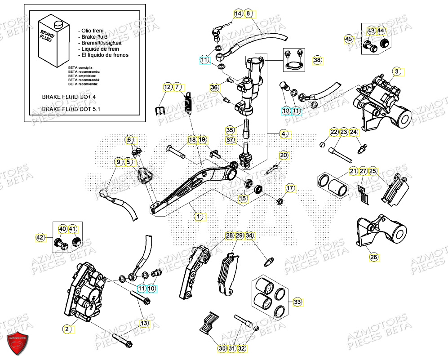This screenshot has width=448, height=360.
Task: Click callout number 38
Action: [x=317, y=60]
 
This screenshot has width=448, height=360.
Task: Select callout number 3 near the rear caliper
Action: [x=396, y=71]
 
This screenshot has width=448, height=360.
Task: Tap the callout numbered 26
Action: [x=374, y=257]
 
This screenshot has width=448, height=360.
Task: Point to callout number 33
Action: [x=297, y=302]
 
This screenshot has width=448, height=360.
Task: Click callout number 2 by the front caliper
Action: [x=67, y=329]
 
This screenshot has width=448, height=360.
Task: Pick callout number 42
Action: [x=40, y=237]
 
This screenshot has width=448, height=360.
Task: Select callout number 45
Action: [x=349, y=39]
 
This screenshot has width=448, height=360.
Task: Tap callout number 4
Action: [x=284, y=133]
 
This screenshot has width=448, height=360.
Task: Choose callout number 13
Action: [x=144, y=323]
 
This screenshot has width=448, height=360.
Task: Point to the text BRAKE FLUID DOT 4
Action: [x=69, y=97]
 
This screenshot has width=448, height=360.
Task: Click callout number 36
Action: [x=214, y=87]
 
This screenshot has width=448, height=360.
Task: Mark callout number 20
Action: [x=283, y=156]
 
